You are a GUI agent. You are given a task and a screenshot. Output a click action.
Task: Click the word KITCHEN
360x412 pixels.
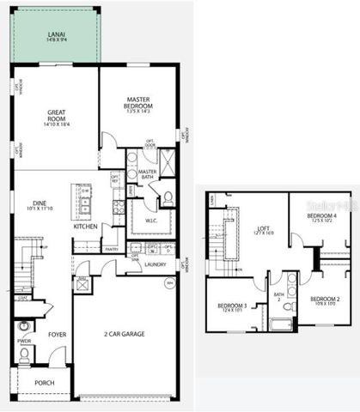[85, 227]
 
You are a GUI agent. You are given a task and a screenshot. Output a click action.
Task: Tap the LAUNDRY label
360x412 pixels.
[156, 264]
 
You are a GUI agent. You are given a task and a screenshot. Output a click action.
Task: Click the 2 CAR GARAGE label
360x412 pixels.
[123, 333]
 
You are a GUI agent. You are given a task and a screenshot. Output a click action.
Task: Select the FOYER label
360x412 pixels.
[58, 335]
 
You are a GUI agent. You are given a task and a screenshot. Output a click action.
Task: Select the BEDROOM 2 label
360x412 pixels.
[325, 300]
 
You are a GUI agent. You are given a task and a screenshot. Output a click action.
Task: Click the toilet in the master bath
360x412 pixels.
[168, 197]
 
